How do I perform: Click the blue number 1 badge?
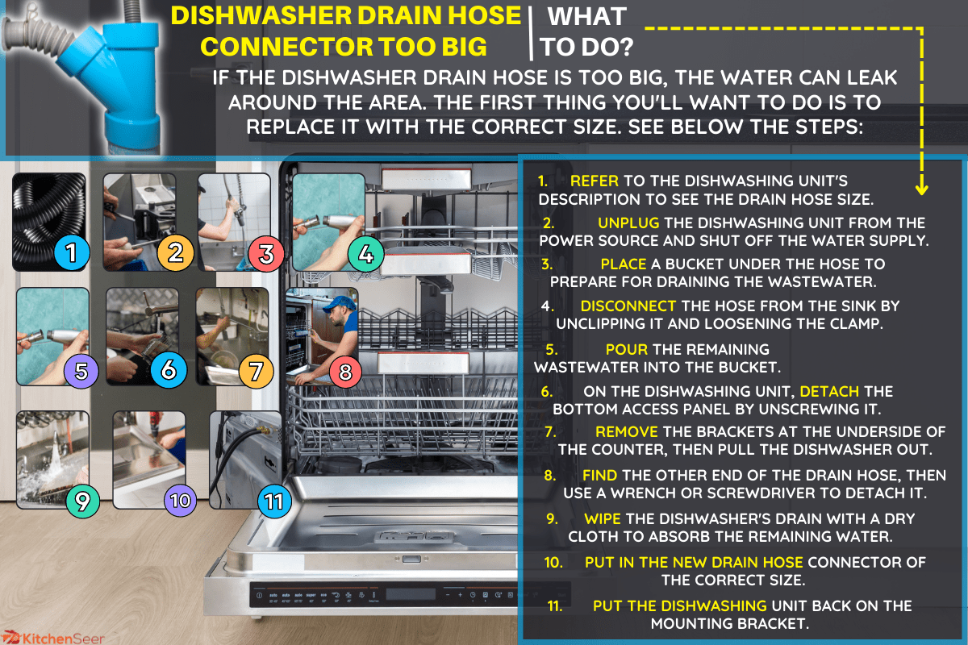(72, 252)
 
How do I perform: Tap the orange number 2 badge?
(175, 252)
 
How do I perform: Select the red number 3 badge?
(266, 254)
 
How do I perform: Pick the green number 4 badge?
(365, 254)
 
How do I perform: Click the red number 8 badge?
(345, 371)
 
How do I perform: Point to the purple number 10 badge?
(180, 501)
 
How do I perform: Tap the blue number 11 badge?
(274, 501)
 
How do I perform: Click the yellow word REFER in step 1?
(595, 181)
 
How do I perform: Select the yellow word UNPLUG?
(628, 223)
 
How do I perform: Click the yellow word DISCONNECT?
(628, 306)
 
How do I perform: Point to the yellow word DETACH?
(829, 391)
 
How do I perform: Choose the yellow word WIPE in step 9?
(603, 518)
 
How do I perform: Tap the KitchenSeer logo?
(52, 638)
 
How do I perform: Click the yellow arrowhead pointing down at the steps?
(921, 189)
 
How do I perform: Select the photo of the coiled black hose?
(49, 222)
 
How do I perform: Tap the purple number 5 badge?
(81, 371)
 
